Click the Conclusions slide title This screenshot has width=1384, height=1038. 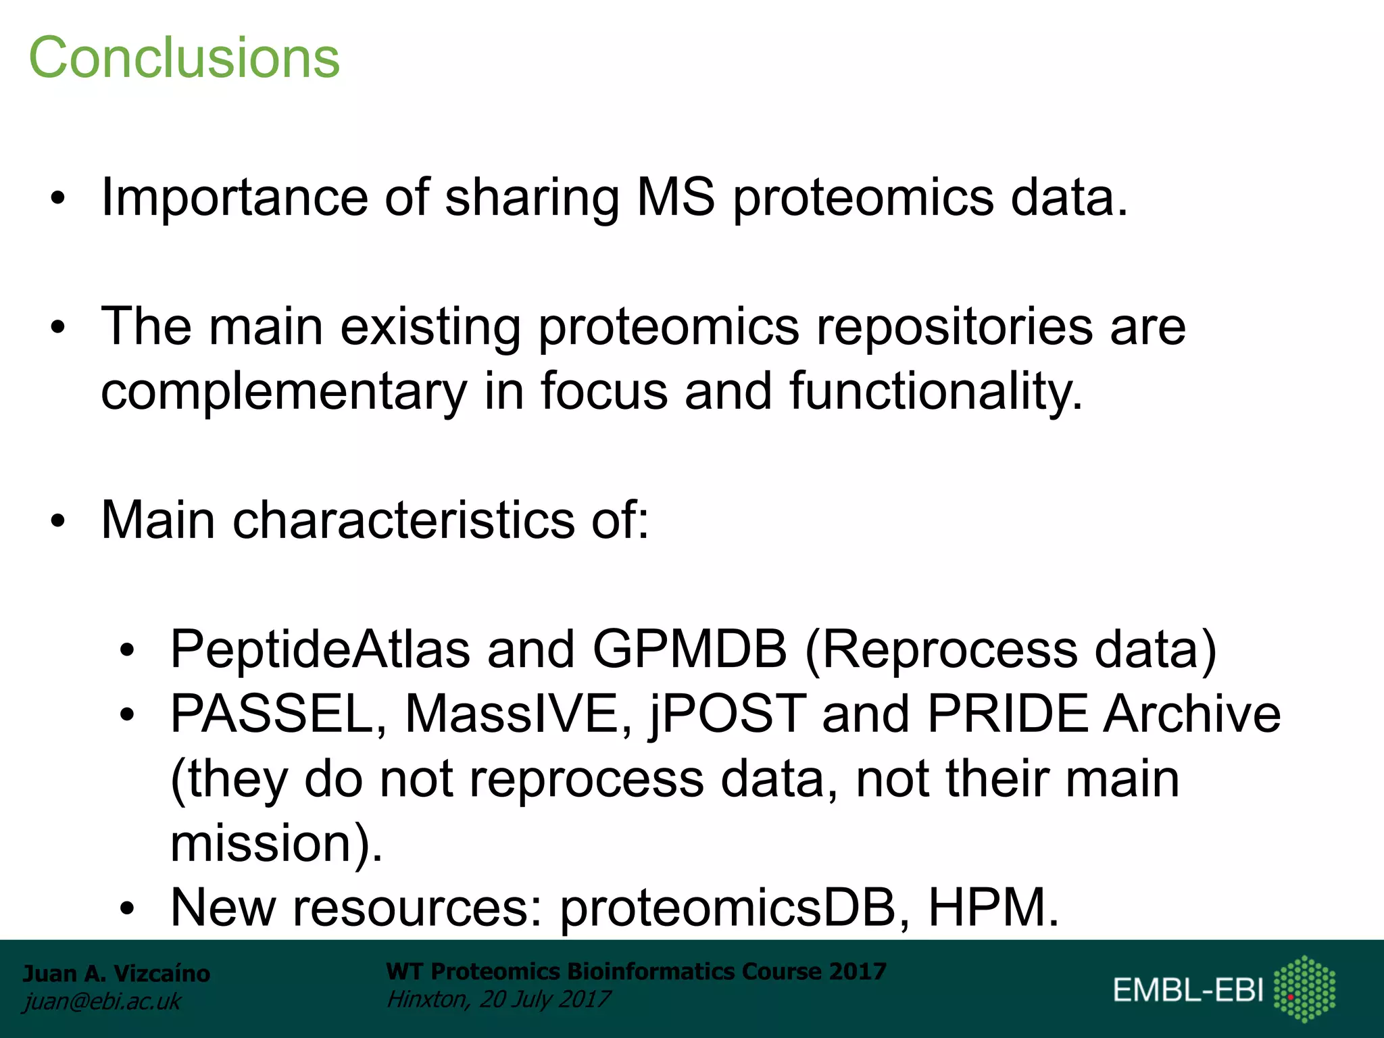click(184, 58)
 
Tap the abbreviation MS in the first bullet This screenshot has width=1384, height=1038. click(675, 197)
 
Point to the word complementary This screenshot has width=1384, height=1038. click(284, 392)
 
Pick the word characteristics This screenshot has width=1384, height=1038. click(403, 520)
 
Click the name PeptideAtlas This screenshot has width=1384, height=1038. click(320, 649)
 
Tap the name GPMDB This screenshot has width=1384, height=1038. click(689, 649)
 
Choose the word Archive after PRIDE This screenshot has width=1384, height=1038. click(1191, 714)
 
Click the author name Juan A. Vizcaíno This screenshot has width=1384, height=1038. click(116, 974)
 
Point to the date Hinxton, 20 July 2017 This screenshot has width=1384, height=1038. click(498, 999)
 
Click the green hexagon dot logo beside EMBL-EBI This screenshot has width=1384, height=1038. click(1304, 989)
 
